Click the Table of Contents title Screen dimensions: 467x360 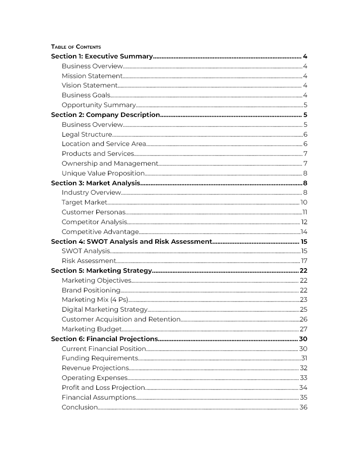[76, 47]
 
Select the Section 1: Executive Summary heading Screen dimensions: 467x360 [102, 57]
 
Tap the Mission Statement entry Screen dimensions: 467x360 [92, 76]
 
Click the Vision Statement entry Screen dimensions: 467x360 [90, 86]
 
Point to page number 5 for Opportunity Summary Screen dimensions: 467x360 [305, 105]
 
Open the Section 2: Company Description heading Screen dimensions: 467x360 [105, 115]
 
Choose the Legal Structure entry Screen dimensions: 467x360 [87, 135]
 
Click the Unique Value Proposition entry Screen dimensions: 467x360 [103, 174]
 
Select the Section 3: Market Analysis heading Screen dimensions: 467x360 [95, 183]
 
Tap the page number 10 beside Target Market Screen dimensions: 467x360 [303, 203]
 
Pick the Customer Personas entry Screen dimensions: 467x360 [94, 212]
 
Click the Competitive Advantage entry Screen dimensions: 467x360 [100, 232]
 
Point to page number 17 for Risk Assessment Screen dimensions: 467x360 [304, 261]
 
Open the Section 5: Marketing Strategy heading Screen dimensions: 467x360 [101, 271]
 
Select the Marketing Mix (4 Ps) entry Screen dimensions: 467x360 [95, 300]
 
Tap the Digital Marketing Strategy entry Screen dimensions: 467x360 [105, 310]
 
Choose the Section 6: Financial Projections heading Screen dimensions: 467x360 [104, 339]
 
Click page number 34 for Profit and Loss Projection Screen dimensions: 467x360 [303, 388]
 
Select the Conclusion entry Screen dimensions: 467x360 [79, 408]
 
